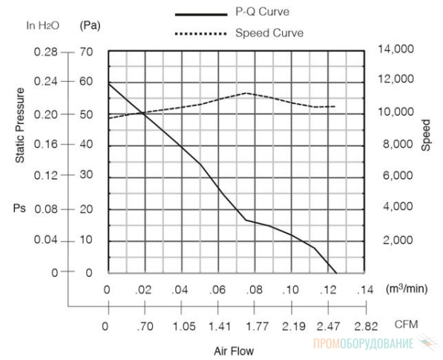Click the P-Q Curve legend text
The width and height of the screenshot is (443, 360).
[x=263, y=12]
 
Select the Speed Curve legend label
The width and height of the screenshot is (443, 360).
[x=269, y=33]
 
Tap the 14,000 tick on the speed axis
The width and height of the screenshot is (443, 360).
[x=396, y=49]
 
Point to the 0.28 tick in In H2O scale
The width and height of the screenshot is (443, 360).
[x=45, y=52]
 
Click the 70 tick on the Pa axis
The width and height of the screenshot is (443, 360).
[x=86, y=52]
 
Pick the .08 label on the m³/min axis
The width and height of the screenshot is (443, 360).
[x=255, y=289]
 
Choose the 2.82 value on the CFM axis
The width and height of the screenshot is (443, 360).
[x=366, y=327]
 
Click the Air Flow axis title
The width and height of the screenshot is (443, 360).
[x=234, y=351]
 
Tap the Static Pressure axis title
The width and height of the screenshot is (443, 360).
[x=20, y=125]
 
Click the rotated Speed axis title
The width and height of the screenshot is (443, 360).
[x=426, y=135]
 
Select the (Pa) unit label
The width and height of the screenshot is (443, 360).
[x=90, y=26]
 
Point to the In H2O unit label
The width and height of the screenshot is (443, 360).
[x=43, y=25]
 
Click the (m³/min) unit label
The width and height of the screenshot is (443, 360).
[x=407, y=289]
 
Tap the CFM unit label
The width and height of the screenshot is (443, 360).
[x=406, y=324]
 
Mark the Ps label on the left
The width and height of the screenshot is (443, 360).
[x=19, y=209]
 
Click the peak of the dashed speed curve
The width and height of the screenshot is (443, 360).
[x=246, y=93]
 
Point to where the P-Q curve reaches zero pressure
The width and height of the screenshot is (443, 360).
[x=336, y=273]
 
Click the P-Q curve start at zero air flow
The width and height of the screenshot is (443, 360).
[x=109, y=84]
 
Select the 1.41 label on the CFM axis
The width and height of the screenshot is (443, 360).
[x=220, y=327]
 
